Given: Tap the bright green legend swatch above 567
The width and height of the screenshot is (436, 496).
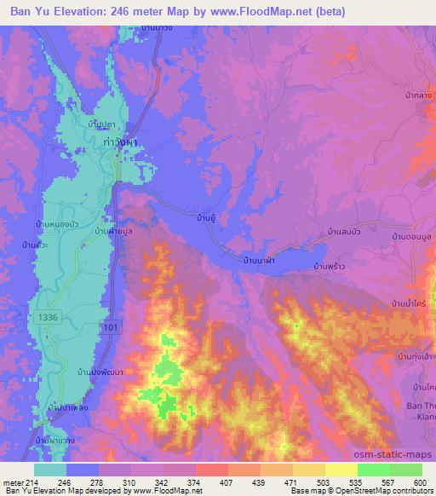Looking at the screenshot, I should tap(374, 470).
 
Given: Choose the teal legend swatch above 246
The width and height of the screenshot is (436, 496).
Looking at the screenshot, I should tap(51, 470).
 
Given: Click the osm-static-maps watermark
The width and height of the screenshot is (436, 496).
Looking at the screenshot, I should tap(402, 456).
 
